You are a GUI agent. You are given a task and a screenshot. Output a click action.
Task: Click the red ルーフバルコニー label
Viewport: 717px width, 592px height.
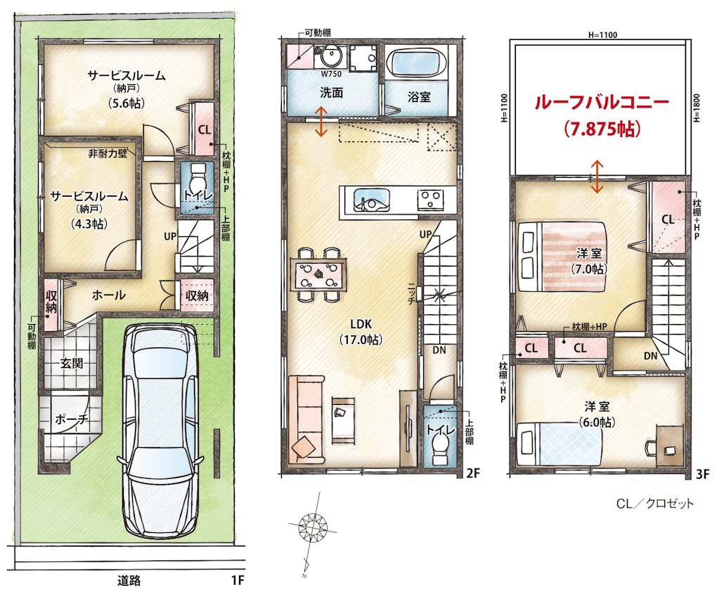coord(601,103)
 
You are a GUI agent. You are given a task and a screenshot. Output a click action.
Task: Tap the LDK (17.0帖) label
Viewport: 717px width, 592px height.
coord(361,332)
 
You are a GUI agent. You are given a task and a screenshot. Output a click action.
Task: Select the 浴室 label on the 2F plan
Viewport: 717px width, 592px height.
coord(419,97)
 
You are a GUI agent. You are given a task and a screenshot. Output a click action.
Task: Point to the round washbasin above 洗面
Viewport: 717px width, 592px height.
coord(330,57)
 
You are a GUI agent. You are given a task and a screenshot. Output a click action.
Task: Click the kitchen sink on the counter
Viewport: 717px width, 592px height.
coord(371,200)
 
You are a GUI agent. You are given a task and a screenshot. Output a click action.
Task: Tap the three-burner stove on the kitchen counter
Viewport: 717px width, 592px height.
coord(429,200)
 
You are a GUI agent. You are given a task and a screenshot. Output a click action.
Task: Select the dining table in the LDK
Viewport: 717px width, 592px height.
coord(318,276)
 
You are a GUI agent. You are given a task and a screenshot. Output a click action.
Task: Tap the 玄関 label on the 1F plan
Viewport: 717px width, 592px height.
coord(72,363)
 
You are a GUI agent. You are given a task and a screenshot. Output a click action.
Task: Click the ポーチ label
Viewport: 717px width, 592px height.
coord(72,418)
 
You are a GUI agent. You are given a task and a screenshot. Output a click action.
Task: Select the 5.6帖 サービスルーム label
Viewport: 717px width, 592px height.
coord(127,89)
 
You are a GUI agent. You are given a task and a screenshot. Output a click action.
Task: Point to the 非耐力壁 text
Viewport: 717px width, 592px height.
coord(108,154)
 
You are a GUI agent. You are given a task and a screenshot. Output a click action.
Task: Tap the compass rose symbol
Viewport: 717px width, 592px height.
coord(313,525)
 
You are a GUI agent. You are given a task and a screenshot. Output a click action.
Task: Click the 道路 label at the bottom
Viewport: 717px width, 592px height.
coord(129,581)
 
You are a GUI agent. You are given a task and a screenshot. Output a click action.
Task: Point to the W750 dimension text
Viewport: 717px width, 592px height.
coord(331,74)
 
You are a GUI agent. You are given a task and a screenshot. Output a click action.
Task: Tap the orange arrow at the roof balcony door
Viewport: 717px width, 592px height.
coord(597,176)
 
